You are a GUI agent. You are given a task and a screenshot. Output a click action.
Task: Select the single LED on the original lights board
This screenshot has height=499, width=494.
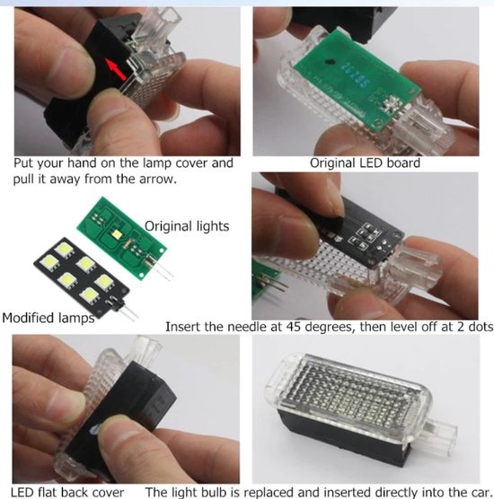117,234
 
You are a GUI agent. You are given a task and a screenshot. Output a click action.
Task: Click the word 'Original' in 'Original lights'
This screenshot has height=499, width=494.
168,226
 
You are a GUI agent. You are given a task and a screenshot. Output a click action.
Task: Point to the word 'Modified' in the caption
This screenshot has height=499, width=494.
28,318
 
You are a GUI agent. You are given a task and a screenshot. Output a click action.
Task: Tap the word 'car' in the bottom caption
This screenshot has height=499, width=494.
480,492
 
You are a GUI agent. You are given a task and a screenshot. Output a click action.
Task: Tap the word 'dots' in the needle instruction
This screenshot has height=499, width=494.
481,327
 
